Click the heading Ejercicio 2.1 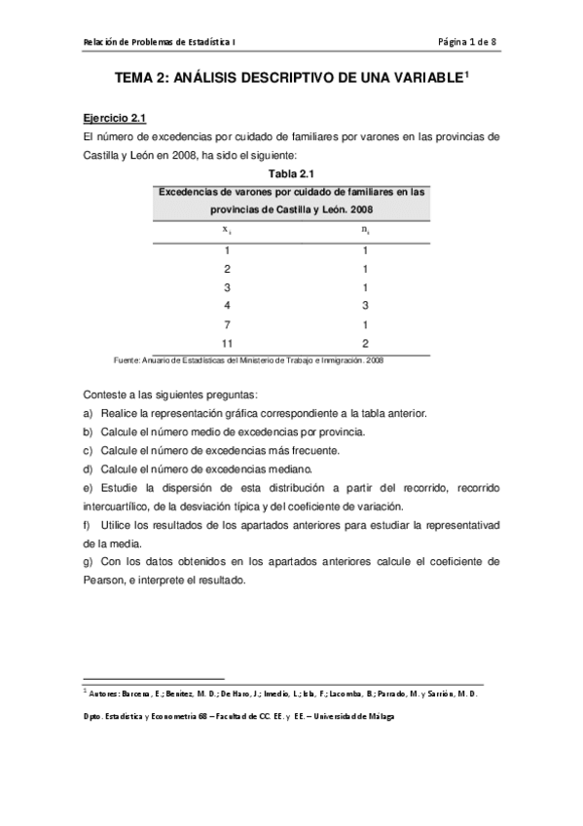tap(114, 120)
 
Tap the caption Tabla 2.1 tap(290, 173)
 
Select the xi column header tap(227, 230)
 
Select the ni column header tap(365, 230)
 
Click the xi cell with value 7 tap(227, 324)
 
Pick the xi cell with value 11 tap(227, 344)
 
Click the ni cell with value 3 tap(365, 306)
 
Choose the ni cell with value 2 tap(365, 344)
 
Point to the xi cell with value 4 tap(227, 306)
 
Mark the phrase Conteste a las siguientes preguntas tap(171, 394)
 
